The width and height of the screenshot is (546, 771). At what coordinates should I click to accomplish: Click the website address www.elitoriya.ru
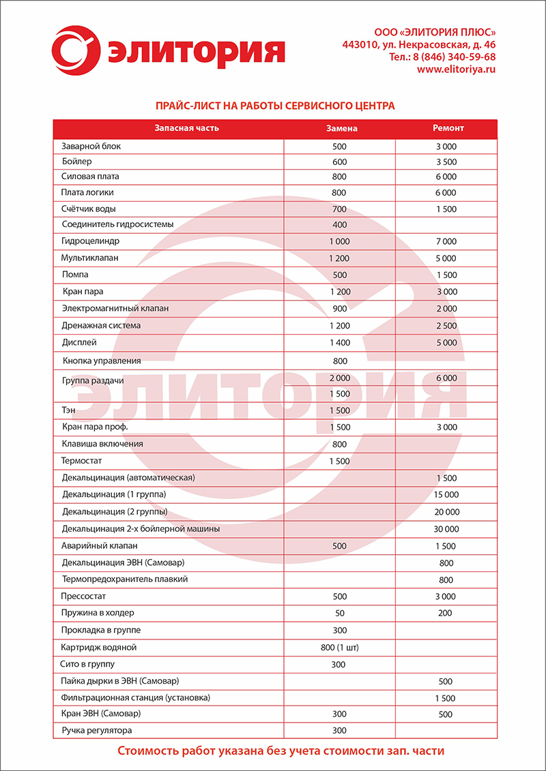click(456, 69)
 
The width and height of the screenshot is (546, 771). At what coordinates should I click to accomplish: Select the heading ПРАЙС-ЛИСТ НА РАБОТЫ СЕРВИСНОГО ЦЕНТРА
click(276, 106)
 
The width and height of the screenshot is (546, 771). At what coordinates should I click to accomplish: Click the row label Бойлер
click(76, 162)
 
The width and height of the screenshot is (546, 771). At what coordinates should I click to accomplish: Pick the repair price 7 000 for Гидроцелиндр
click(446, 242)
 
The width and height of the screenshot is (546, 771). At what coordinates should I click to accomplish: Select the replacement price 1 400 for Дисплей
click(339, 342)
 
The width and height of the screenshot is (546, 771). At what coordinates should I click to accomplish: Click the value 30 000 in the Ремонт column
click(446, 529)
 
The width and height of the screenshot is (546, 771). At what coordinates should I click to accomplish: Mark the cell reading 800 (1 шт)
click(339, 647)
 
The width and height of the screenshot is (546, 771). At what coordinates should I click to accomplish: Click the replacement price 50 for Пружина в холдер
click(339, 614)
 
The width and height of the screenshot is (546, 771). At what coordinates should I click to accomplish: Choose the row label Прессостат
click(85, 596)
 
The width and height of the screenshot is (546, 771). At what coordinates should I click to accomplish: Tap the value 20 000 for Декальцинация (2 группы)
click(446, 512)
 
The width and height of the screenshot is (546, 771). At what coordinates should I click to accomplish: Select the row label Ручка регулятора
click(97, 730)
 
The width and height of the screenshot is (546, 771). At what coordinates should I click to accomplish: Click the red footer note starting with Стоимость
click(281, 751)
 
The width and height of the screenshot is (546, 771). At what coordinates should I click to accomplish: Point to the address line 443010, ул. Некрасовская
click(418, 44)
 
